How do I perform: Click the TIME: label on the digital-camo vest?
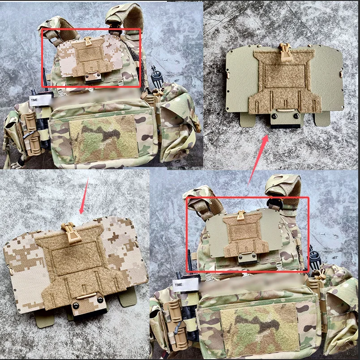click(x=34, y=100)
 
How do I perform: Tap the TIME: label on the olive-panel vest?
click(x=179, y=285)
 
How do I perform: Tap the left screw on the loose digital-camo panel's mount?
click(x=76, y=305)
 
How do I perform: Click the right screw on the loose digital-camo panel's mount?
click(x=100, y=300)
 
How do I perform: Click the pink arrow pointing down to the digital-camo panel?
click(x=84, y=196)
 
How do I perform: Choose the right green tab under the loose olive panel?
click(x=322, y=119)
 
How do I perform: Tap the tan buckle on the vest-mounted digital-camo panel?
click(x=88, y=41)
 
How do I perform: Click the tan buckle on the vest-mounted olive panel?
click(x=240, y=215)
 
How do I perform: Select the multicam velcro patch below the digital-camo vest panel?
click(x=103, y=138)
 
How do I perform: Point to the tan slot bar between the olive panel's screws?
click(x=285, y=111)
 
